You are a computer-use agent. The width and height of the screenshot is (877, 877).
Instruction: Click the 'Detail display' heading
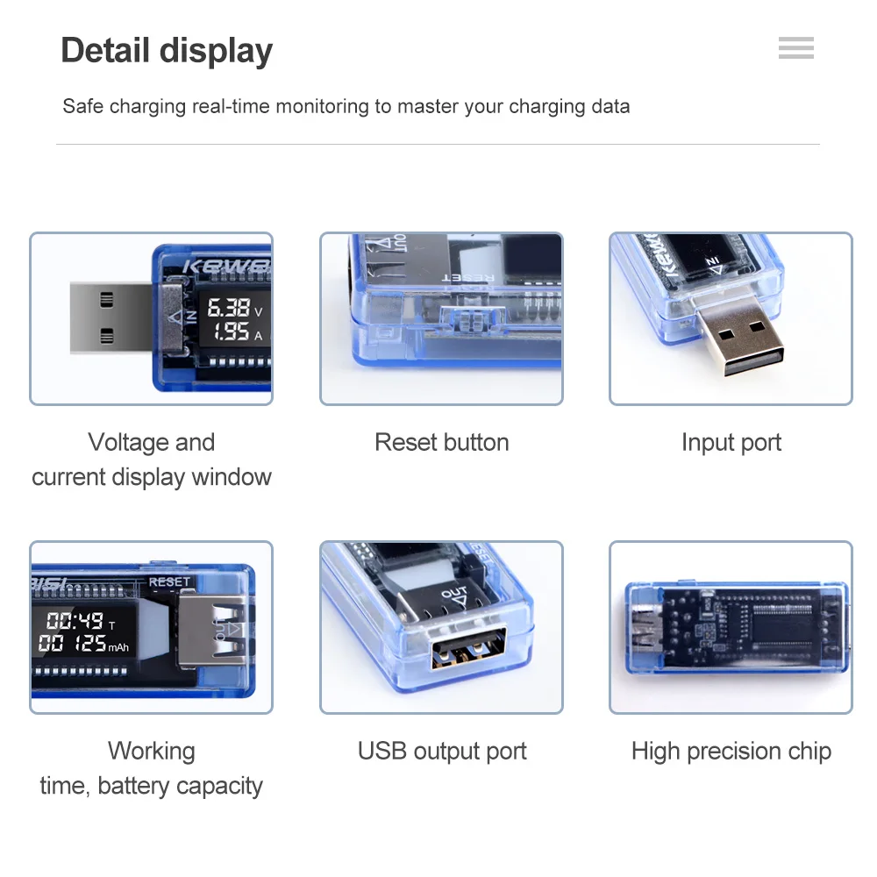(x=167, y=51)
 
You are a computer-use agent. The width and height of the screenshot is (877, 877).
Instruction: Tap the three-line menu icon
(x=795, y=48)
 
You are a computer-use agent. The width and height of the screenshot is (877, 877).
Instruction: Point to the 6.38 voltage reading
(x=228, y=308)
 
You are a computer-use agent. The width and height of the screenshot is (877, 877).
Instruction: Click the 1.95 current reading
(x=231, y=332)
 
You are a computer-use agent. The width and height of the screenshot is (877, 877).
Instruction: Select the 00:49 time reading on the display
(x=75, y=622)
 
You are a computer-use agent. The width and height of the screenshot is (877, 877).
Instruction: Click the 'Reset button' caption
(x=441, y=442)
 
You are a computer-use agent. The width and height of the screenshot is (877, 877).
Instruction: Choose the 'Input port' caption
(x=731, y=442)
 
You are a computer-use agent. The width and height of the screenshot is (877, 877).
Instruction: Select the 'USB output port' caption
(x=441, y=751)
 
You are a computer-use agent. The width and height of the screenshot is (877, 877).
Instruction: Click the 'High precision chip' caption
(x=731, y=751)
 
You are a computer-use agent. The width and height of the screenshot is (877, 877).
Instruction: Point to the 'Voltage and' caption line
(x=151, y=442)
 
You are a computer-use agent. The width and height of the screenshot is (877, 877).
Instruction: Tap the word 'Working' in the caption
(x=151, y=751)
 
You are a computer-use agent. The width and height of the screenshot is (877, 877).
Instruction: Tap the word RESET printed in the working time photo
(x=169, y=581)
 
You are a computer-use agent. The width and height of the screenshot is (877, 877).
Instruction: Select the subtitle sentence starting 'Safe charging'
(x=346, y=107)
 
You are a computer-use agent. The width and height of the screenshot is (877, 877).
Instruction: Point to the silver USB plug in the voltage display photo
(x=110, y=317)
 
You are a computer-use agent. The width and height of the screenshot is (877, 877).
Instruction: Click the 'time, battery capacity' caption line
(x=151, y=786)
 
